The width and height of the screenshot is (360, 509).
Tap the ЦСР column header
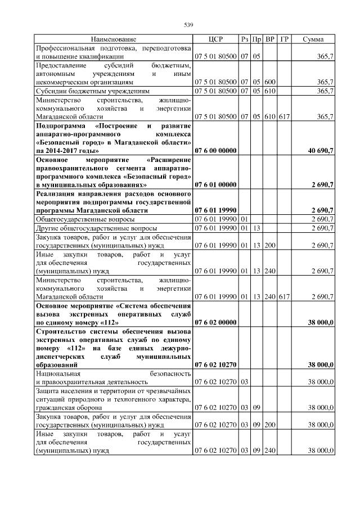[x=215, y=39]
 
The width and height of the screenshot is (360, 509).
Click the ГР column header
[x=284, y=39]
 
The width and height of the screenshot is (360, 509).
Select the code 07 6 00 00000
[x=215, y=151]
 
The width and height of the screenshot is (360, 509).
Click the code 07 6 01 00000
[x=215, y=184]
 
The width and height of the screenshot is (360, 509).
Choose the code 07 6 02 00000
[x=215, y=322]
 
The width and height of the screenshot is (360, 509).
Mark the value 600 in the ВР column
[x=270, y=82]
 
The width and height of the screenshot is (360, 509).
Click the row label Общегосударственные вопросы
[x=85, y=218]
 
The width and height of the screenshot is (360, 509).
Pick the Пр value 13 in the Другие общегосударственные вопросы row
[x=256, y=228]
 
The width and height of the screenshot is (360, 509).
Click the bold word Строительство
[x=62, y=332]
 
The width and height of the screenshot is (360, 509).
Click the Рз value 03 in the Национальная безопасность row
[x=244, y=381]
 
